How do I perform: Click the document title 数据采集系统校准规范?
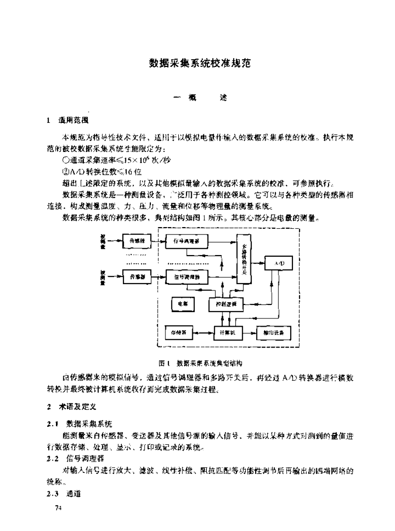point(200,64)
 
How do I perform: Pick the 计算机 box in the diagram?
point(229,331)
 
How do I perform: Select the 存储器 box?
point(179,331)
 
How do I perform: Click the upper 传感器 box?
point(137,241)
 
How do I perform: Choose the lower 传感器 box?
point(137,277)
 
